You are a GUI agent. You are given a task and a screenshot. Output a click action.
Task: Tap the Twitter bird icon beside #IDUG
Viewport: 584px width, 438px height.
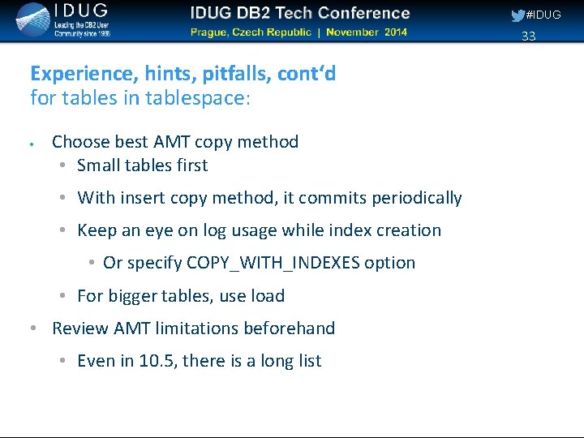coord(517,15)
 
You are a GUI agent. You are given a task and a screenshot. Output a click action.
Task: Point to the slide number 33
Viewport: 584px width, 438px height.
coord(529,36)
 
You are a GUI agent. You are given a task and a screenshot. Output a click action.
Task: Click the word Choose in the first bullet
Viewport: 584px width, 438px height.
coord(78,142)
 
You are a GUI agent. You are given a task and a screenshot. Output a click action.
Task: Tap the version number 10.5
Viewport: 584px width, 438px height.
coord(157,361)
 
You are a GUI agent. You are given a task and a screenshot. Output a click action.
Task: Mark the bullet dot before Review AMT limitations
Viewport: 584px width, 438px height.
coord(32,328)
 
